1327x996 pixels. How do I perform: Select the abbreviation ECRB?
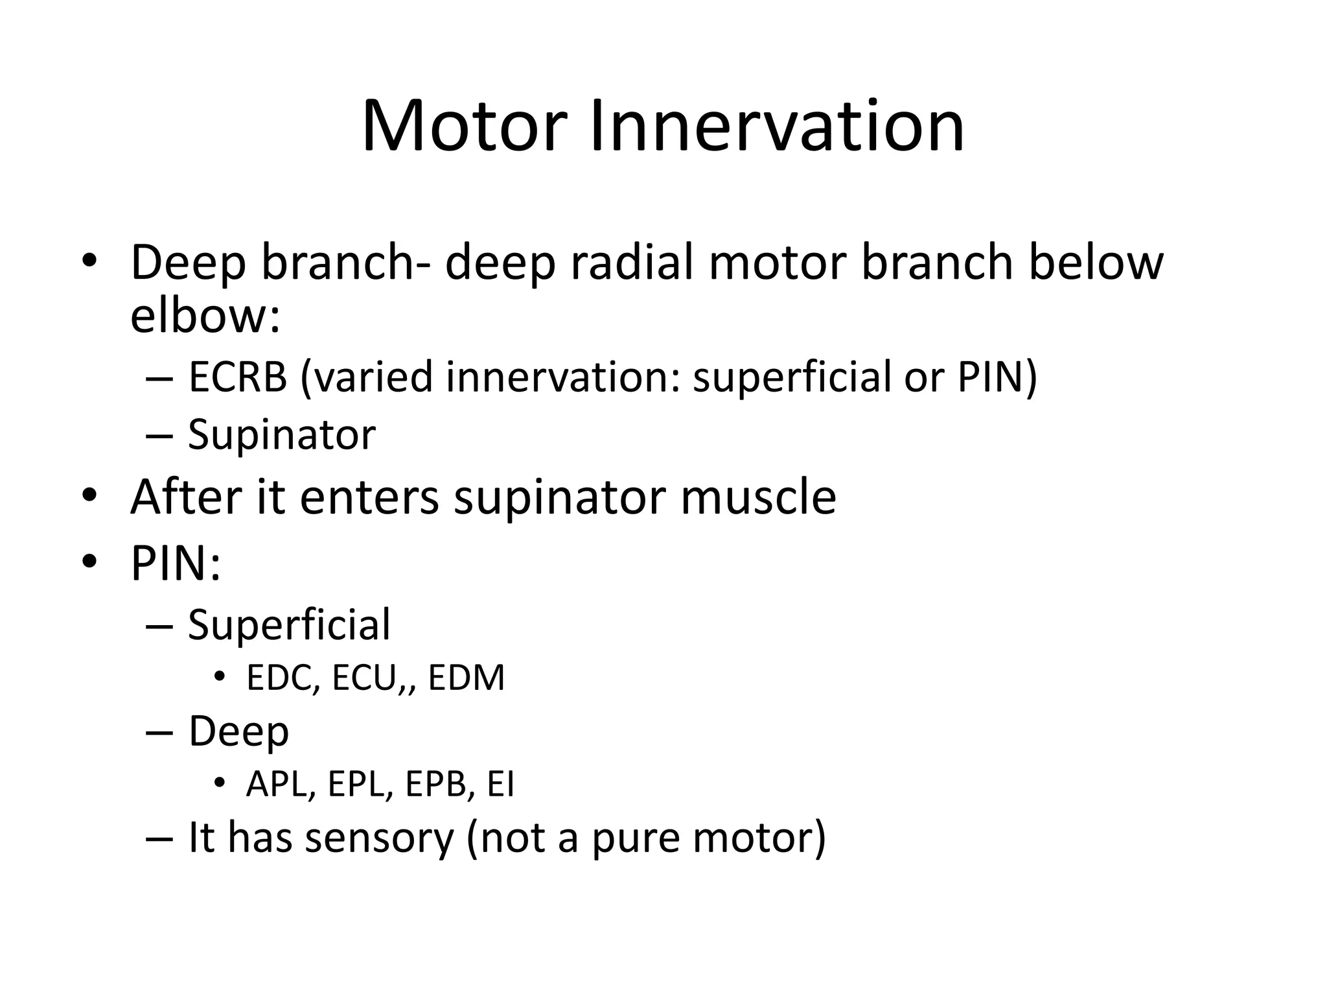[x=237, y=377]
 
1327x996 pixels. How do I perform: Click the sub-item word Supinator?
[x=281, y=434]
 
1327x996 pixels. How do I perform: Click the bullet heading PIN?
[x=176, y=563]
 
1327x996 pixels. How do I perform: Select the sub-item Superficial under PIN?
[x=289, y=624]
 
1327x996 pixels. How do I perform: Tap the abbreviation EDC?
[x=283, y=678]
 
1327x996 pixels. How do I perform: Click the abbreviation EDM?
[x=466, y=678]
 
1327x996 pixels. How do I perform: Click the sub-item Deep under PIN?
[x=238, y=731]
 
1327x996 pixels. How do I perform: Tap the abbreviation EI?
[x=500, y=785]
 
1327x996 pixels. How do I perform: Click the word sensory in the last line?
[x=379, y=838]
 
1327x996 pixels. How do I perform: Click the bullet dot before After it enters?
[x=89, y=496]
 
